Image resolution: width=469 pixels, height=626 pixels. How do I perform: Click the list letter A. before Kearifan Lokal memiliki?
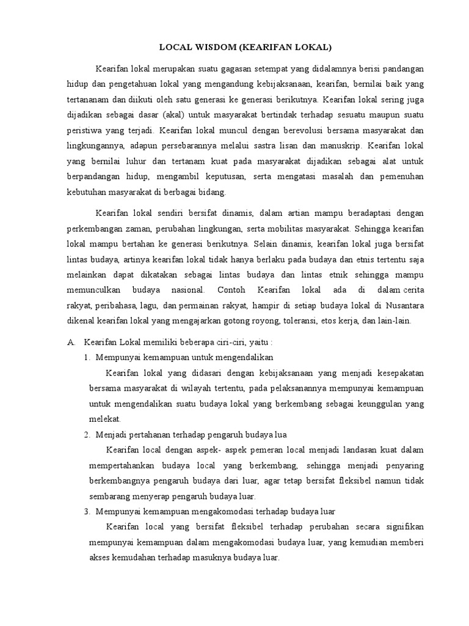tap(71, 341)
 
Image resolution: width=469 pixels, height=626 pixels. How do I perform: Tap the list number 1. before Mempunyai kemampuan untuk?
tap(87, 357)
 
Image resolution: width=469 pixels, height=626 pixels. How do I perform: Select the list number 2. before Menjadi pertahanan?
tap(87, 435)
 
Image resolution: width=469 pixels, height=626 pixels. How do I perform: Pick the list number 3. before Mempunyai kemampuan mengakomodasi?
tap(87, 511)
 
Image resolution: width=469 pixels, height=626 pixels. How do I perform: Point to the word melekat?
tap(105, 419)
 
